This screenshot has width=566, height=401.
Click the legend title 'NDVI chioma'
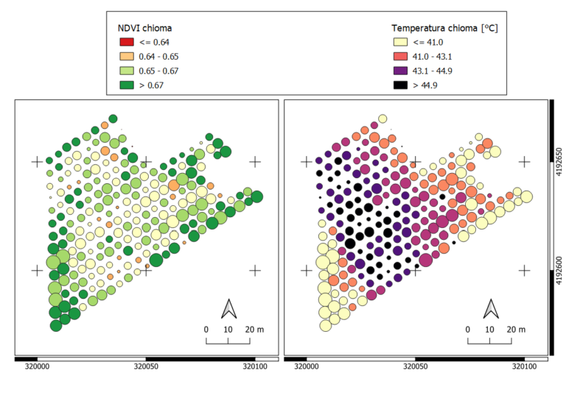coord(145,28)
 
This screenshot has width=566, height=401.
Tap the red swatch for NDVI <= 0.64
coord(126,42)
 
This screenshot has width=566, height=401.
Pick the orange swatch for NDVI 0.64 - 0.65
coord(126,56)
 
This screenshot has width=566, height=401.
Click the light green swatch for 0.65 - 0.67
coord(126,71)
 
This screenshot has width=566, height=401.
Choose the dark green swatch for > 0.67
coord(126,85)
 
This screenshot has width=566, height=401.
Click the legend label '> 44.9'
coord(424,85)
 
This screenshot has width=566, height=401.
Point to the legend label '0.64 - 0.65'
coord(159,56)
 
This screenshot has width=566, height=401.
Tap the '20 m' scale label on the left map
coord(253,329)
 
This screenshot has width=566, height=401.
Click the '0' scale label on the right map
coord(468,329)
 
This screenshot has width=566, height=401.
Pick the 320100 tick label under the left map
coord(254,364)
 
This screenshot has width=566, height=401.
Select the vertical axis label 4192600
coord(560,269)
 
